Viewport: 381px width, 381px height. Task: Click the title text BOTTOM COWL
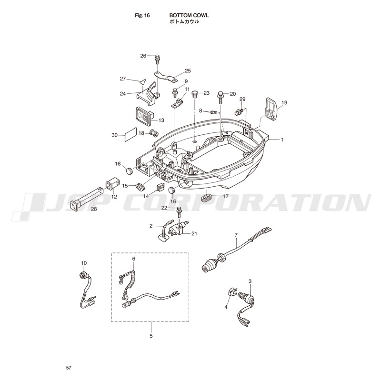click(189, 16)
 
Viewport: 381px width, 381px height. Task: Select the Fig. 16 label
click(142, 16)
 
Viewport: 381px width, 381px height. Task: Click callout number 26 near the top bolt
click(143, 56)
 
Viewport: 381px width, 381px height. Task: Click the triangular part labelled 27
click(143, 81)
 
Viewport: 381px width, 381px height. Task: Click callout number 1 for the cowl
click(282, 140)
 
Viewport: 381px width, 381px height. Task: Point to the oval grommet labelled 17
click(207, 197)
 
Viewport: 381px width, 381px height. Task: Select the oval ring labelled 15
click(140, 188)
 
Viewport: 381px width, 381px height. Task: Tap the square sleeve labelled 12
click(113, 186)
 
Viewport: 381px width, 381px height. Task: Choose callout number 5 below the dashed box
click(151, 336)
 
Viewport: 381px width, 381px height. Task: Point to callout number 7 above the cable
click(236, 235)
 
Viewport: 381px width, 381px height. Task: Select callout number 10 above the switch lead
click(84, 263)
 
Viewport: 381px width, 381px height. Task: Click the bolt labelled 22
click(179, 212)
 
